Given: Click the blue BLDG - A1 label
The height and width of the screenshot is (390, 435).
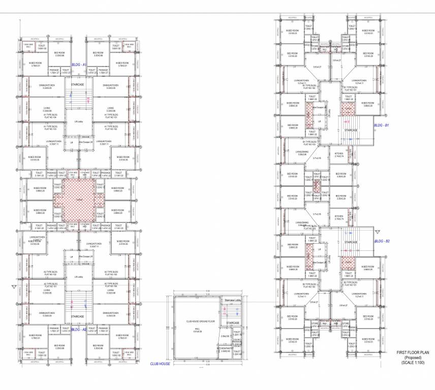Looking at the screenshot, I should (79, 65).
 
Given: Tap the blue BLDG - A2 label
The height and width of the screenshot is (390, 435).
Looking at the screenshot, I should (79, 330).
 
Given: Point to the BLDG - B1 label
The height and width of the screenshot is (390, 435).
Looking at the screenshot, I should (381, 124).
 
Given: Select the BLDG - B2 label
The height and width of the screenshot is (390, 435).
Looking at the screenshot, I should (381, 242).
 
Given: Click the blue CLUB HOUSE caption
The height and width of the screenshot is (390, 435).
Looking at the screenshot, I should (161, 364).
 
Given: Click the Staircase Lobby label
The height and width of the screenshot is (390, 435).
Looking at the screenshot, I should (232, 301).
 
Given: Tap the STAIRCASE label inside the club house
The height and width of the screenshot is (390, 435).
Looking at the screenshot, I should (233, 323).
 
